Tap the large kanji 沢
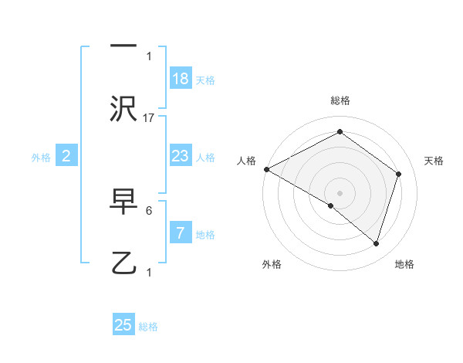coord(123,108)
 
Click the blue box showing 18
coord(181,79)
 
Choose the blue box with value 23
coord(181,156)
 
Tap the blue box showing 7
coord(181,232)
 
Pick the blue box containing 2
coord(66,156)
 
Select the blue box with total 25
coord(123,325)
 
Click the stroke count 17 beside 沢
coord(150,117)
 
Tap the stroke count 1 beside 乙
coord(149,272)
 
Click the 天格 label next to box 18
coord(205,80)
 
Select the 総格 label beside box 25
coord(148,327)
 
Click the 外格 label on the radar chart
coord(272,264)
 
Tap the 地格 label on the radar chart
coord(404,264)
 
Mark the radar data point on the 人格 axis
coord(266,169)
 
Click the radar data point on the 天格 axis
coord(399,174)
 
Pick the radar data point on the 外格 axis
coord(331,205)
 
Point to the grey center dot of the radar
coord(340,192)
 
